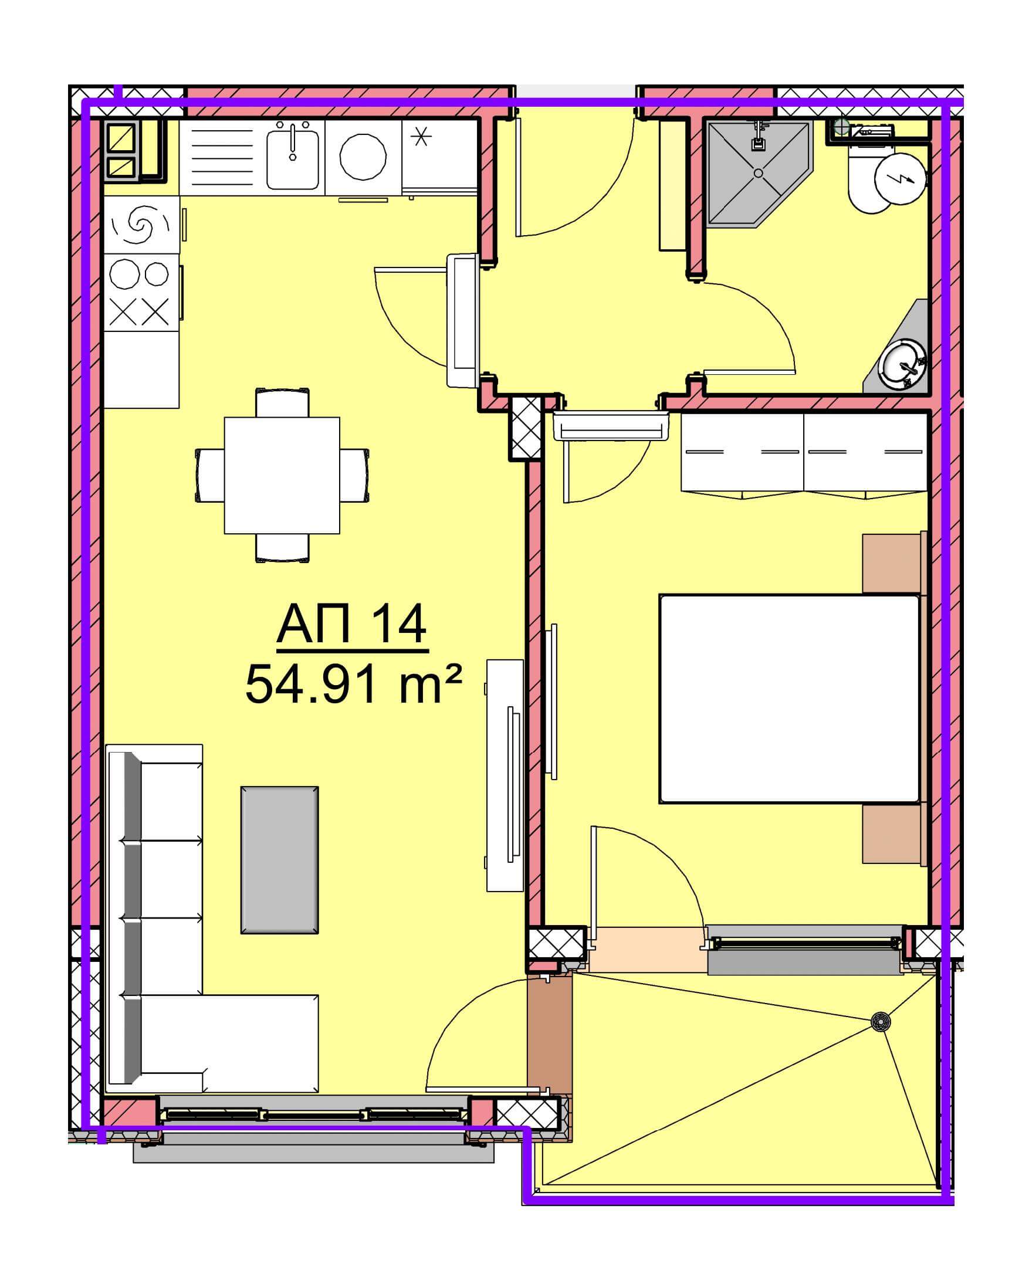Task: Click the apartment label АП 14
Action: (x=353, y=625)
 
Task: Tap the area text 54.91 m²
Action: (x=353, y=684)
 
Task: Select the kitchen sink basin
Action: (x=292, y=159)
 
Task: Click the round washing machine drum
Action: (x=363, y=157)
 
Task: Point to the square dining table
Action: (x=282, y=475)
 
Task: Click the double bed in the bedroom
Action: (x=790, y=699)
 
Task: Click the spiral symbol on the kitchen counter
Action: (x=141, y=225)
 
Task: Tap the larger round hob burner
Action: (x=125, y=273)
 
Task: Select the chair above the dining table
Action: (x=282, y=402)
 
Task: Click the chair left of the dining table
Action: (x=210, y=475)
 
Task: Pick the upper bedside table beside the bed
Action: (x=893, y=563)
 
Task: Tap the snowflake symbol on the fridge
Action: (x=421, y=137)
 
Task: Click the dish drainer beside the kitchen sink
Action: (x=222, y=157)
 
